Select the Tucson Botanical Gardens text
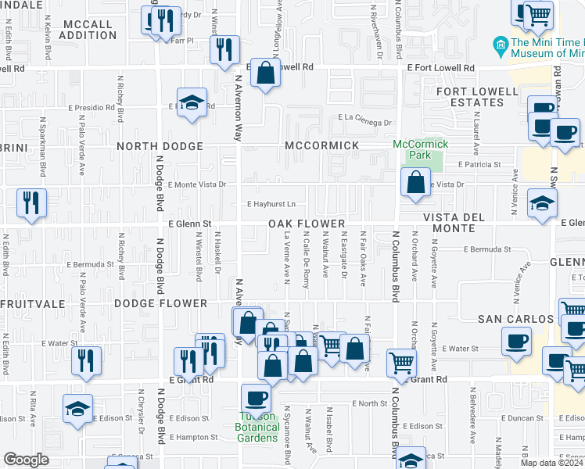257,427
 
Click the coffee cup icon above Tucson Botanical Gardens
256,399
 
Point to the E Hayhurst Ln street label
271,204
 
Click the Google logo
26,460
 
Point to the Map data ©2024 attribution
552,463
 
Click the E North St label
370,403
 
